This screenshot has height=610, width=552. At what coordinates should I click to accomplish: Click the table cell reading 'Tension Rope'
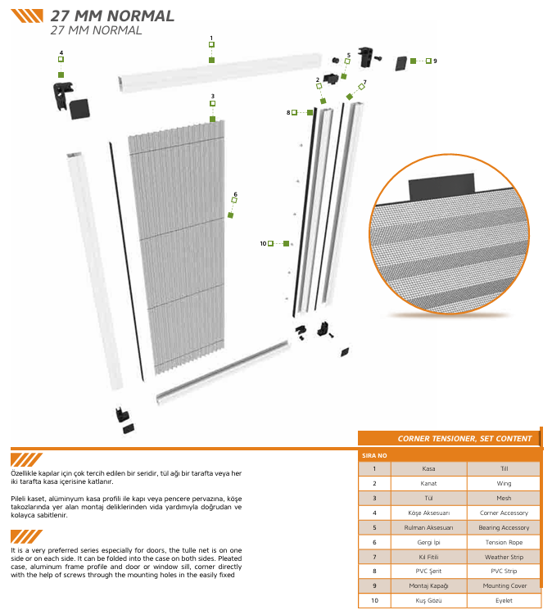click(504, 542)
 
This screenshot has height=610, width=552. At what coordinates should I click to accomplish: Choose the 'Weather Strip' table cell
click(504, 557)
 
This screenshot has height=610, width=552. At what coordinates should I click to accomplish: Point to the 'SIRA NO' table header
click(374, 454)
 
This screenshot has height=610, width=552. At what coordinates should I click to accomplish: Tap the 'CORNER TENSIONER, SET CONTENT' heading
click(464, 439)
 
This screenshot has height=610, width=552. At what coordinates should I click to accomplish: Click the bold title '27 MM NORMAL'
click(112, 16)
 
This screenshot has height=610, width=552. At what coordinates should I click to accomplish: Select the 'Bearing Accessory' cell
click(504, 527)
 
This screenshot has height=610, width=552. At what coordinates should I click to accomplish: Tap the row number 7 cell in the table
click(374, 557)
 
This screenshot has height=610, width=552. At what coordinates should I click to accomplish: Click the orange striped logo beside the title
click(28, 16)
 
